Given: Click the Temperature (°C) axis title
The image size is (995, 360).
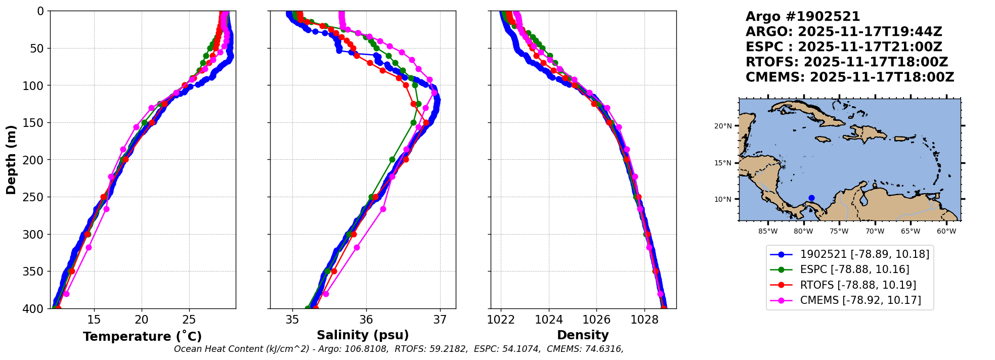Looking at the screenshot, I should pos(142,336).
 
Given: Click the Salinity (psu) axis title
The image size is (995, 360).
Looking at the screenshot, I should pos(363,335).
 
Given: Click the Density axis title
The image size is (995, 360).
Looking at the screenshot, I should pos(583,335).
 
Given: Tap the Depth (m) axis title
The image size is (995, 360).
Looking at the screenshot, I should pos(11,159).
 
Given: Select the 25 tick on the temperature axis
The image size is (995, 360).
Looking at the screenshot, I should pos(189,320).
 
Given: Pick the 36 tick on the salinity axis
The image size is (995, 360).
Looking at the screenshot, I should pos(366,320).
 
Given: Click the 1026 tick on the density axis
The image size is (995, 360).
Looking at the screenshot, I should pos(596,320).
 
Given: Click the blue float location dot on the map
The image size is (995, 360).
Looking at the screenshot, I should pos(811,198).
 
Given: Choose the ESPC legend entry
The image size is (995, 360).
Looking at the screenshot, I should pos(854,269).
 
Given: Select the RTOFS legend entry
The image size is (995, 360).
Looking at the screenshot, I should pos(858,285).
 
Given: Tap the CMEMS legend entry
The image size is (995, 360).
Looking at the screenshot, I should pos(860,300).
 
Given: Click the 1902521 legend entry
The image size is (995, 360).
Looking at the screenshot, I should pos(864,254).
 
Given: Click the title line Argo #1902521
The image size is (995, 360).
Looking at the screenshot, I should pos(803,17).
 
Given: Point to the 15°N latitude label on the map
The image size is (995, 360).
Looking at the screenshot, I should pos(723,163).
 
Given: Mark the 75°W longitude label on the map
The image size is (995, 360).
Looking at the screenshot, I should pos(839,232).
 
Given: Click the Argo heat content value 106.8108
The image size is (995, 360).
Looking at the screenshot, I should pos(369,349).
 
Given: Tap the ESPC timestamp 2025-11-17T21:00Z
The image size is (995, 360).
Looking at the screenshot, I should pos(870,47).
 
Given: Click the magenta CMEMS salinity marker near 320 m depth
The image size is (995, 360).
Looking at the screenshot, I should pos(357,247).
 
